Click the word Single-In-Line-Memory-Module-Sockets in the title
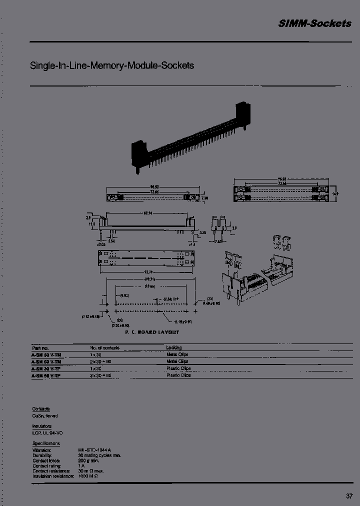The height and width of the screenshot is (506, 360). tap(112, 65)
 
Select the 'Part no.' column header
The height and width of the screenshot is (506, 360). tap(40, 347)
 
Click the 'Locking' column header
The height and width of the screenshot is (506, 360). tap(174, 347)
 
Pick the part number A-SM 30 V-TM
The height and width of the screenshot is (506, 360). tap(46, 354)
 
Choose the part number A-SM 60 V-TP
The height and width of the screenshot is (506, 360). tap(46, 375)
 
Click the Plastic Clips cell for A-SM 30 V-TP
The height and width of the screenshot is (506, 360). tap(178, 368)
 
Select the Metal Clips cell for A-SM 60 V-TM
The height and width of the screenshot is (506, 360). tap(177, 361)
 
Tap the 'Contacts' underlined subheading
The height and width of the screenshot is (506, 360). tap(41, 409)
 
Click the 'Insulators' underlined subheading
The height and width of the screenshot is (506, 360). tap(42, 426)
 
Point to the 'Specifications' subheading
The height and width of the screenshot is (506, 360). tap(46, 443)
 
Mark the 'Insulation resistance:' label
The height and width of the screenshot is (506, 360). tap(53, 476)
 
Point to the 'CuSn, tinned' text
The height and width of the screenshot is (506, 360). tap(45, 415)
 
